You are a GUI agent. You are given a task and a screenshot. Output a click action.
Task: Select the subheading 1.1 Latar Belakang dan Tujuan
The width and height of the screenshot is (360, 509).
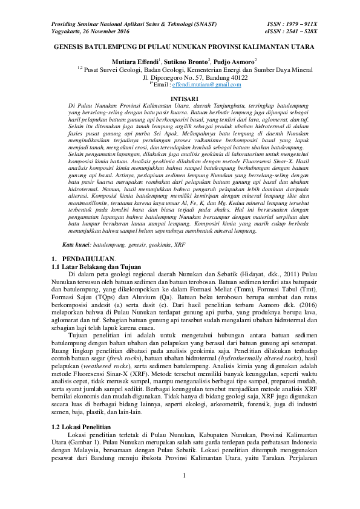coord(97,266)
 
